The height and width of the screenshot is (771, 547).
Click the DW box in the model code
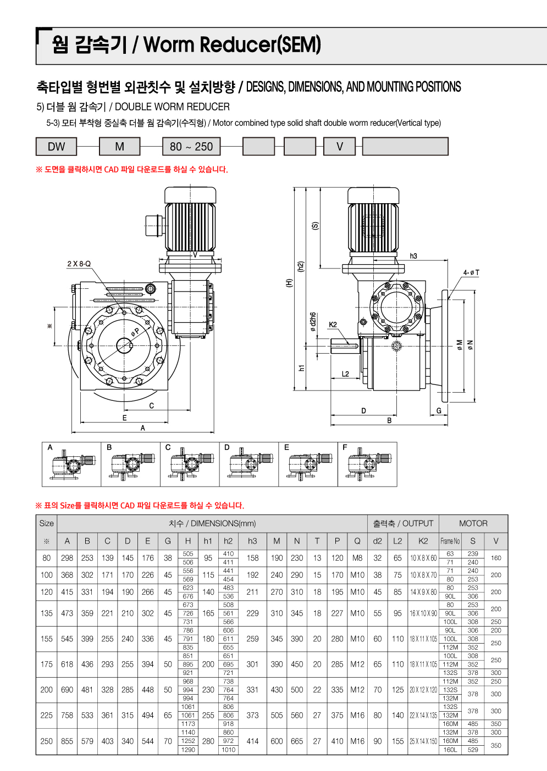[x=56, y=147]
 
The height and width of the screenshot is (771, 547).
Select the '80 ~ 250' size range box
[x=191, y=147]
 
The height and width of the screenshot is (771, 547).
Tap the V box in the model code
[x=340, y=147]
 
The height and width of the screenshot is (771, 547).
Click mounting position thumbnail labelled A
[x=71, y=465]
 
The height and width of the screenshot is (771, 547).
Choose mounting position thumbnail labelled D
[x=249, y=465]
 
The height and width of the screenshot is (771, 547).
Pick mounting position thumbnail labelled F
[x=367, y=465]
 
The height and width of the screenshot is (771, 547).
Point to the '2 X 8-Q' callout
[x=79, y=264]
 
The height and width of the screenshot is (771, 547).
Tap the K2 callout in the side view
[x=333, y=325]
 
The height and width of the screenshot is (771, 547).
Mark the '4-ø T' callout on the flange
[x=471, y=272]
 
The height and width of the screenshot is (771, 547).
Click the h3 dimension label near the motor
[x=413, y=256]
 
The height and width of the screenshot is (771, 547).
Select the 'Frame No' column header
[x=450, y=541]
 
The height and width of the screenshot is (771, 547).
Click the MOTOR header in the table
[x=473, y=523]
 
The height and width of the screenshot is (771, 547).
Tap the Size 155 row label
[x=47, y=639]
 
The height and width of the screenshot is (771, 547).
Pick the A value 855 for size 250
[x=67, y=741]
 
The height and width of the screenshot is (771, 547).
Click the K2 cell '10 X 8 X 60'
[x=423, y=558]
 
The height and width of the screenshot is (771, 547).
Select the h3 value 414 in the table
[x=252, y=741]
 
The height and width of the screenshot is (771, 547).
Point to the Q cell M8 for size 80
[x=357, y=558]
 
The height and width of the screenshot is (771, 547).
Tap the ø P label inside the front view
[x=135, y=332]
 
